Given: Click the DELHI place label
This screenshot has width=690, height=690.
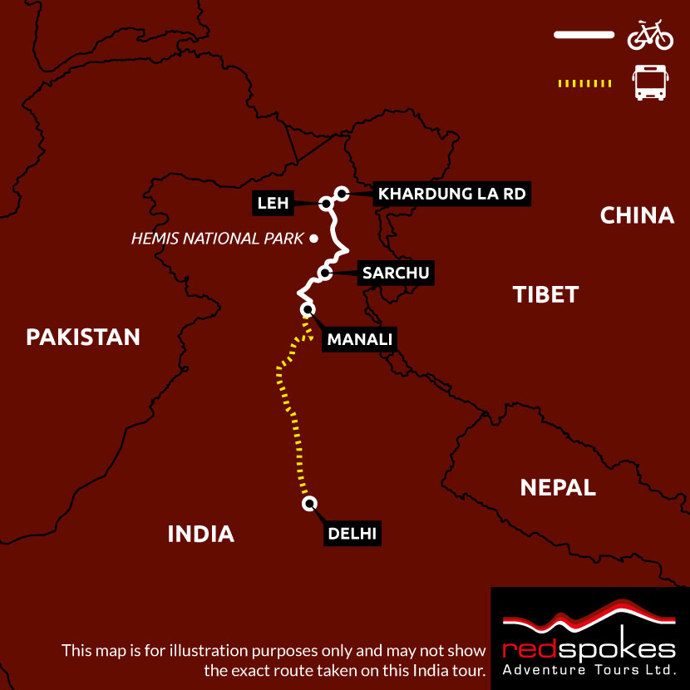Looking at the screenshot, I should (x=352, y=533).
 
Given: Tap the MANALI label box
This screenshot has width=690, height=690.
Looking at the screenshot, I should (x=359, y=339).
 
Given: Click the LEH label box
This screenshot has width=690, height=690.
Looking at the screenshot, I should (x=273, y=202).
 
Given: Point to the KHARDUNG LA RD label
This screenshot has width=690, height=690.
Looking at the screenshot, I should (x=451, y=195).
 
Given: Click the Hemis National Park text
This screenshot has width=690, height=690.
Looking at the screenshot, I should (x=217, y=239).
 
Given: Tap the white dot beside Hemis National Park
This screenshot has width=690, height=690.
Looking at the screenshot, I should (x=313, y=239).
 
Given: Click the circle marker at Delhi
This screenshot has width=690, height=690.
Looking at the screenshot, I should (x=309, y=503).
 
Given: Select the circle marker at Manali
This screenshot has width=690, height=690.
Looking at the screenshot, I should (x=308, y=310).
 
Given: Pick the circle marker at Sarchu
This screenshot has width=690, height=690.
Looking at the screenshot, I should (x=325, y=273).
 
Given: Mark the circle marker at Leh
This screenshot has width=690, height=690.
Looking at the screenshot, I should (x=325, y=202).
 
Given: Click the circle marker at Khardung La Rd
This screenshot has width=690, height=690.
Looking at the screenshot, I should (x=340, y=194).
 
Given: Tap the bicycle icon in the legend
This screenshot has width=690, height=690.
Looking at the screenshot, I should (x=649, y=35).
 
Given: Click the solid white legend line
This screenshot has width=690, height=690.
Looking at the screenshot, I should (x=584, y=35).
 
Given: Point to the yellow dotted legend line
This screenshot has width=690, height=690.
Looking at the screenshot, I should (x=584, y=83).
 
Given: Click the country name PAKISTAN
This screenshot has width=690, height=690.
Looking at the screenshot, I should (x=83, y=337).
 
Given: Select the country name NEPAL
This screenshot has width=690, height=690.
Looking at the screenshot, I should (x=558, y=487).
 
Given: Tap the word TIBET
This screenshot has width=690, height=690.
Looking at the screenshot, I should (x=545, y=294).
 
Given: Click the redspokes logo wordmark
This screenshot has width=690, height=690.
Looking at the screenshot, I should (x=589, y=648).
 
